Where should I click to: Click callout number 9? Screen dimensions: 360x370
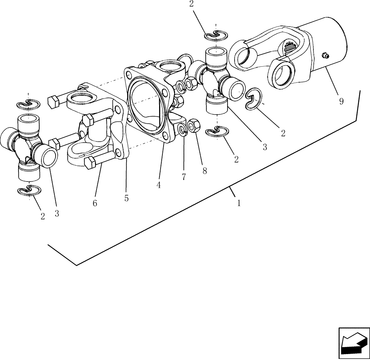pyautogui.click(x=341, y=101)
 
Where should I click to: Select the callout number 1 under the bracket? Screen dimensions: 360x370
pyautogui.click(x=239, y=203)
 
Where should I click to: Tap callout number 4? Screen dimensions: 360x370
pyautogui.click(x=158, y=185)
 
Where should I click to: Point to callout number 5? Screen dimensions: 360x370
pyautogui.click(x=127, y=199)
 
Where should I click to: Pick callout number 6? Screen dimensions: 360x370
pyautogui.click(x=95, y=203)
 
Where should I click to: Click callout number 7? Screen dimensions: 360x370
pyautogui.click(x=184, y=177)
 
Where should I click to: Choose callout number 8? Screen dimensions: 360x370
pyautogui.click(x=204, y=171)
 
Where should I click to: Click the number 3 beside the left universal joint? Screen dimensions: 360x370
pyautogui.click(x=57, y=214)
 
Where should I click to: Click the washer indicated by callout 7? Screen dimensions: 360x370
pyautogui.click(x=182, y=129)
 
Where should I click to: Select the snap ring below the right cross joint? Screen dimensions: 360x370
pyautogui.click(x=217, y=131)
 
